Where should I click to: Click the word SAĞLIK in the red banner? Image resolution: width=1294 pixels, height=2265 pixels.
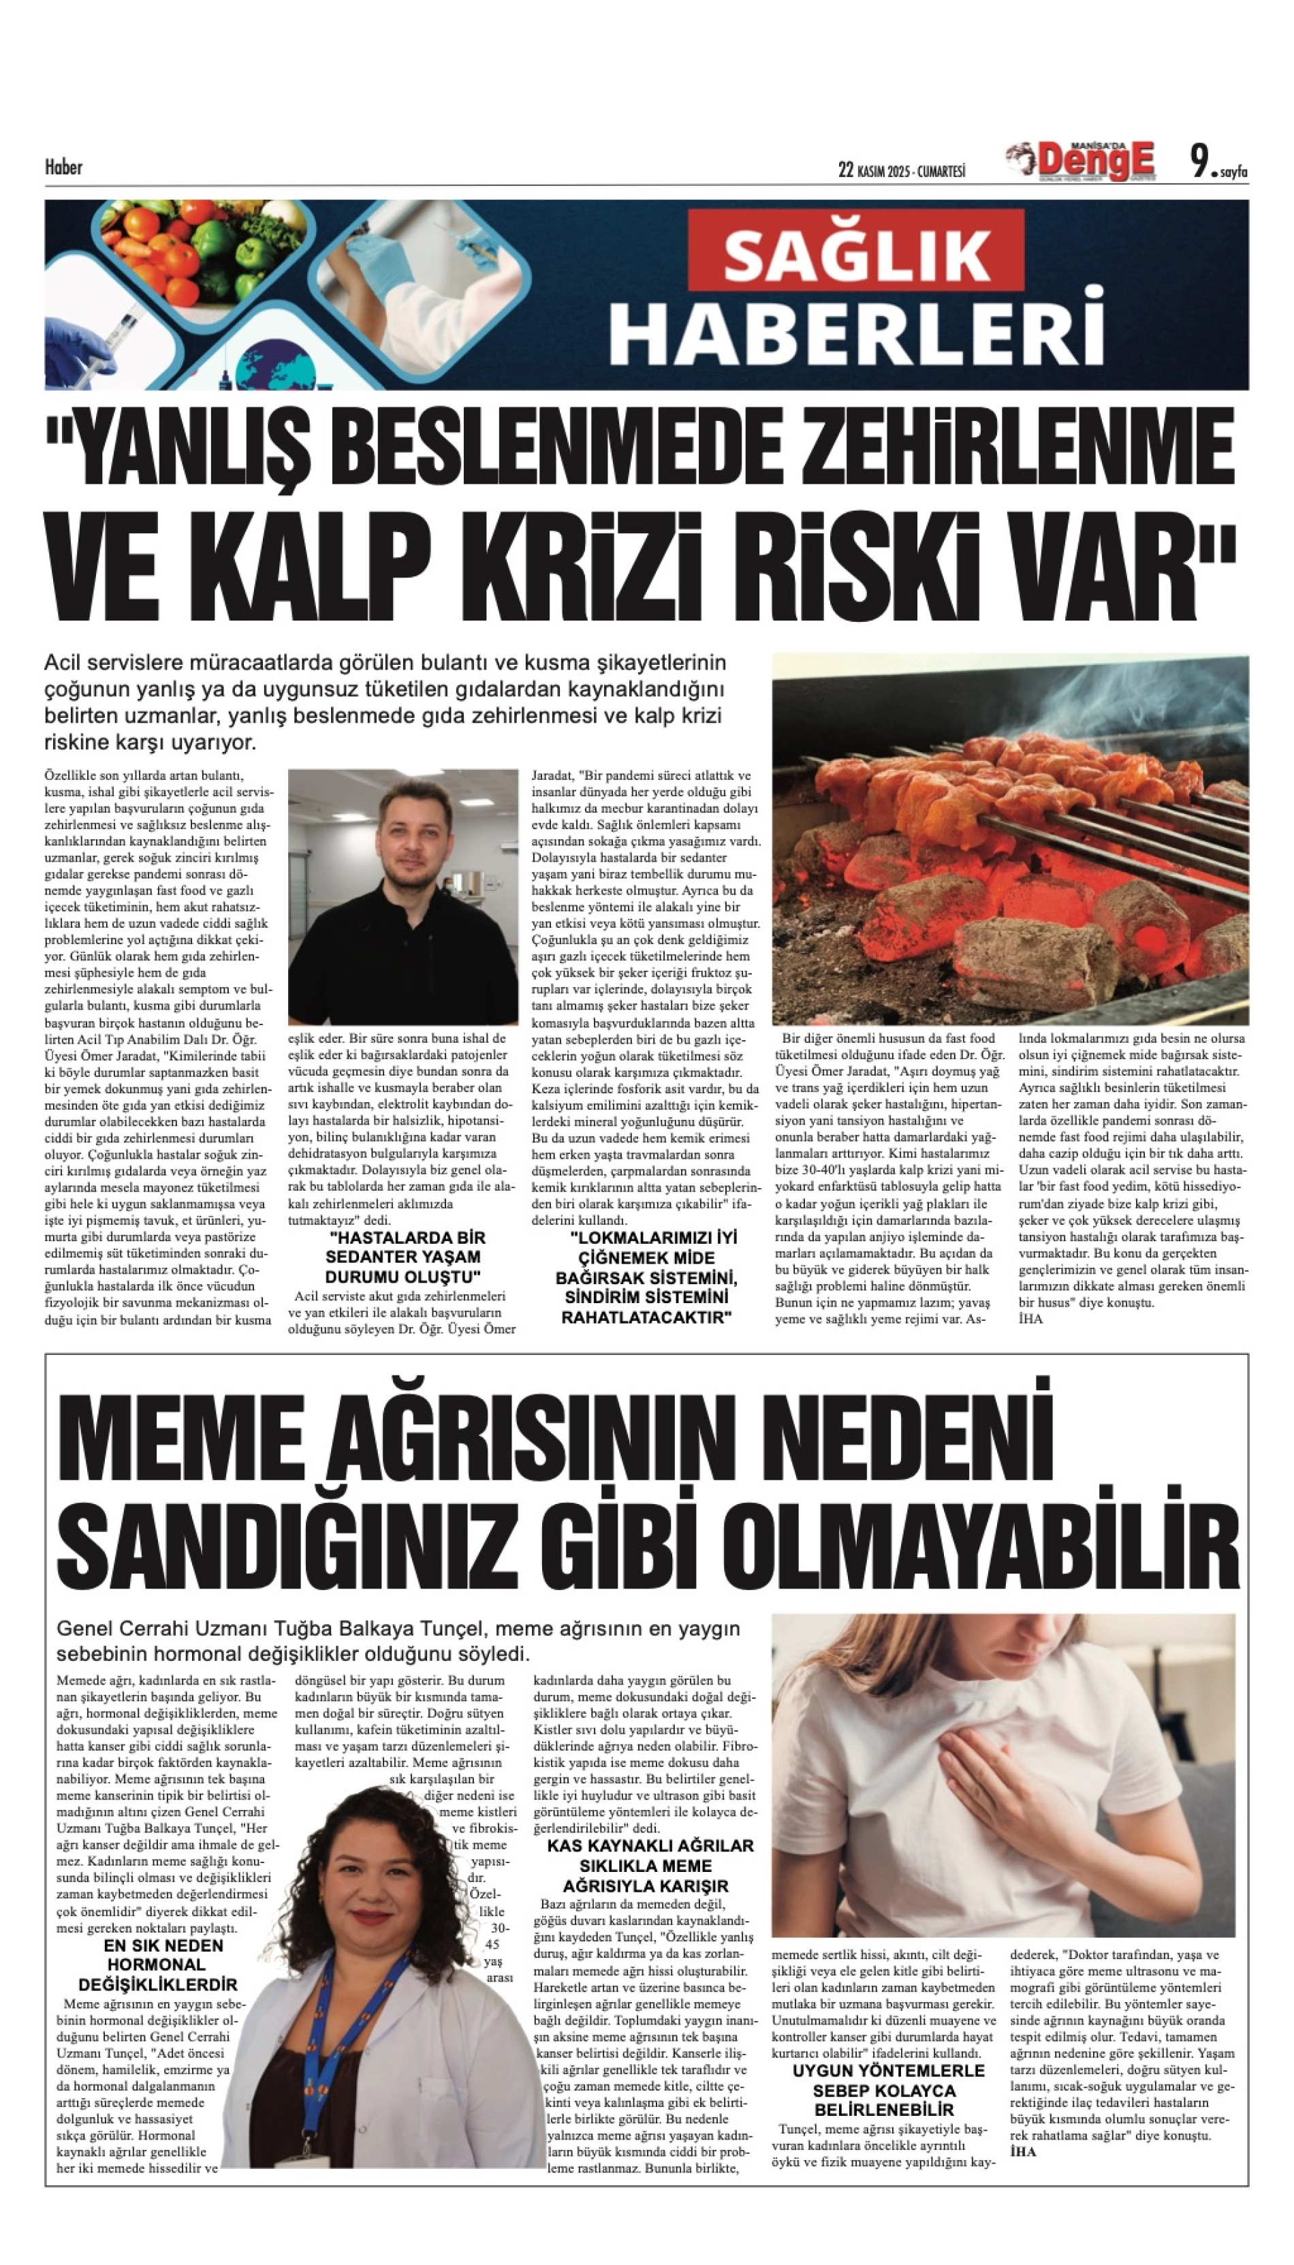tap(857, 254)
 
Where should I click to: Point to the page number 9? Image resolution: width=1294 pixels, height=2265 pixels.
tap(1201, 163)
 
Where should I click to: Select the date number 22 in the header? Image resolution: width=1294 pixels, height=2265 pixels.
tap(845, 170)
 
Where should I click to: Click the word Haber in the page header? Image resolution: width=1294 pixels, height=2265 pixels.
tap(63, 167)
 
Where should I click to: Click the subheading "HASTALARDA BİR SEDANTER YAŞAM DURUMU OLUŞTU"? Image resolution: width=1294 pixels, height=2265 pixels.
tap(403, 1257)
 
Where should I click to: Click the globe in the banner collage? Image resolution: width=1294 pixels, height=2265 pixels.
tap(277, 368)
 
